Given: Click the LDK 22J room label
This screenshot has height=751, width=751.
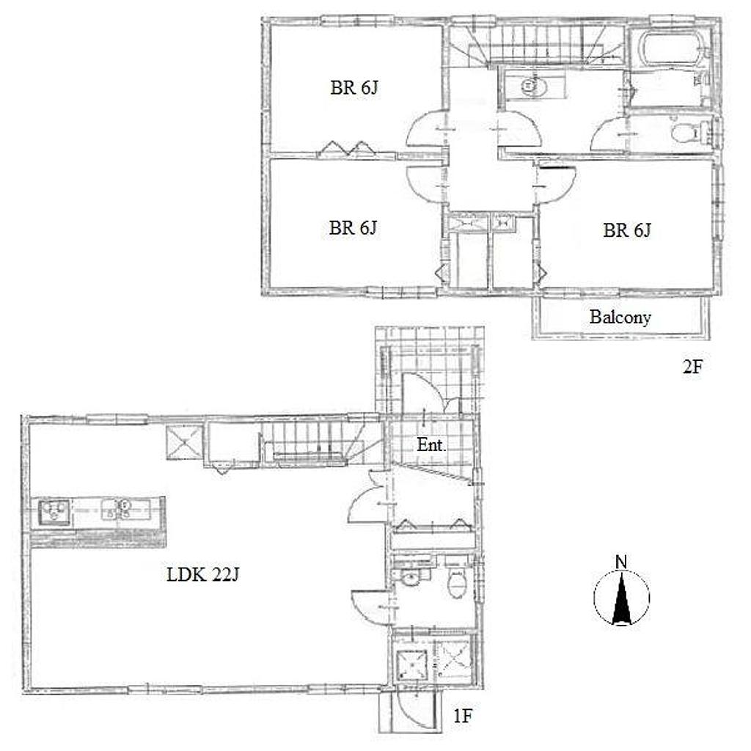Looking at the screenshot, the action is [202, 574].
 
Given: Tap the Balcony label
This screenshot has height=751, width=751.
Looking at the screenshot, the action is [620, 317].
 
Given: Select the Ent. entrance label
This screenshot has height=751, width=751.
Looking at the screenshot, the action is [431, 445].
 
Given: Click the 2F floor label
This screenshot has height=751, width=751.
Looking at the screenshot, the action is [692, 367].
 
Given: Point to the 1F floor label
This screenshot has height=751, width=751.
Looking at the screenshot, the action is [464, 716].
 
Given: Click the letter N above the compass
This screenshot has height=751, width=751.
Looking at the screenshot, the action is [621, 562].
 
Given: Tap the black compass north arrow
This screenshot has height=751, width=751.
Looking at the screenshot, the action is [622, 598].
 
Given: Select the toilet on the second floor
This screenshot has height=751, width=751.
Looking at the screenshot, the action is [689, 133].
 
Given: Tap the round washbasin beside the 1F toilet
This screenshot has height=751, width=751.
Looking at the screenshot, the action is [411, 579].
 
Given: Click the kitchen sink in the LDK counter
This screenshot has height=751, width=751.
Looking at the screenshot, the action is [54, 512].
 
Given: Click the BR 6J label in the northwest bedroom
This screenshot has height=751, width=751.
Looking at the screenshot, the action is [354, 88].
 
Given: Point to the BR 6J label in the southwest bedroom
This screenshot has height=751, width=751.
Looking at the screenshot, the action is [353, 228].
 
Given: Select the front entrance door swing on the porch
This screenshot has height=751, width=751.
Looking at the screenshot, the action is [425, 394].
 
